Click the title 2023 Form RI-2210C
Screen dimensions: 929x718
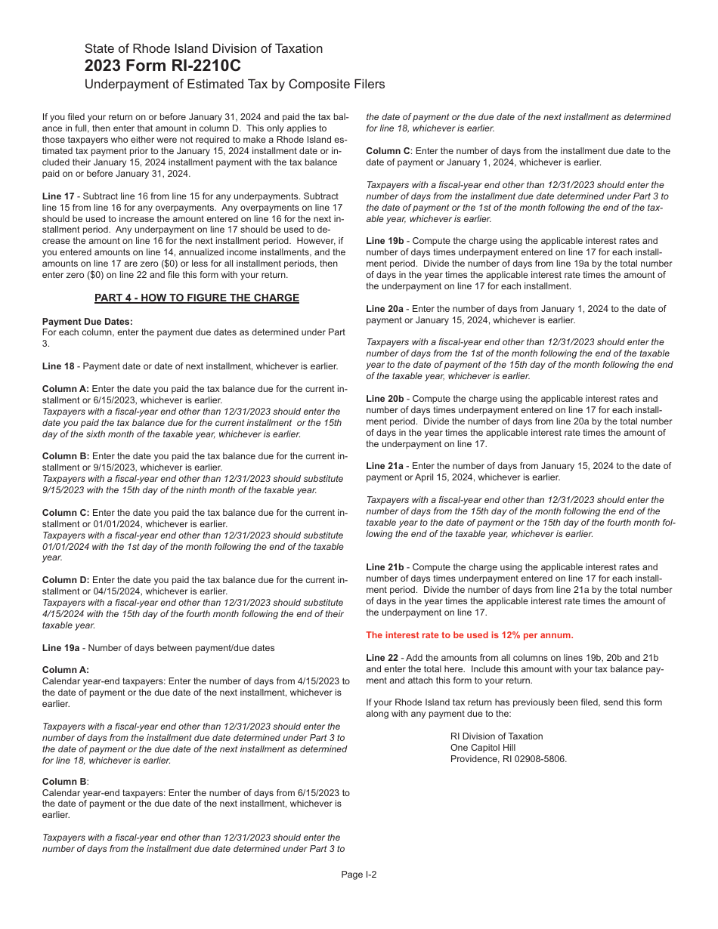[162, 66]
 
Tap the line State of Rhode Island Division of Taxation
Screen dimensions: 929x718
[203, 48]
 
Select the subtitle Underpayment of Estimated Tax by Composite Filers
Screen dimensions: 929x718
[234, 84]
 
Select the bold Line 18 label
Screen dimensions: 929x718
[59, 366]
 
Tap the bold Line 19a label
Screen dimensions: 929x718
[61, 648]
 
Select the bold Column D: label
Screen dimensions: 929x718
[66, 580]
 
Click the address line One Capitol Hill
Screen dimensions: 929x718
[483, 748]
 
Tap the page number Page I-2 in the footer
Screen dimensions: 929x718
[359, 875]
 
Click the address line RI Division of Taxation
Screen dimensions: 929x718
[497, 736]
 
